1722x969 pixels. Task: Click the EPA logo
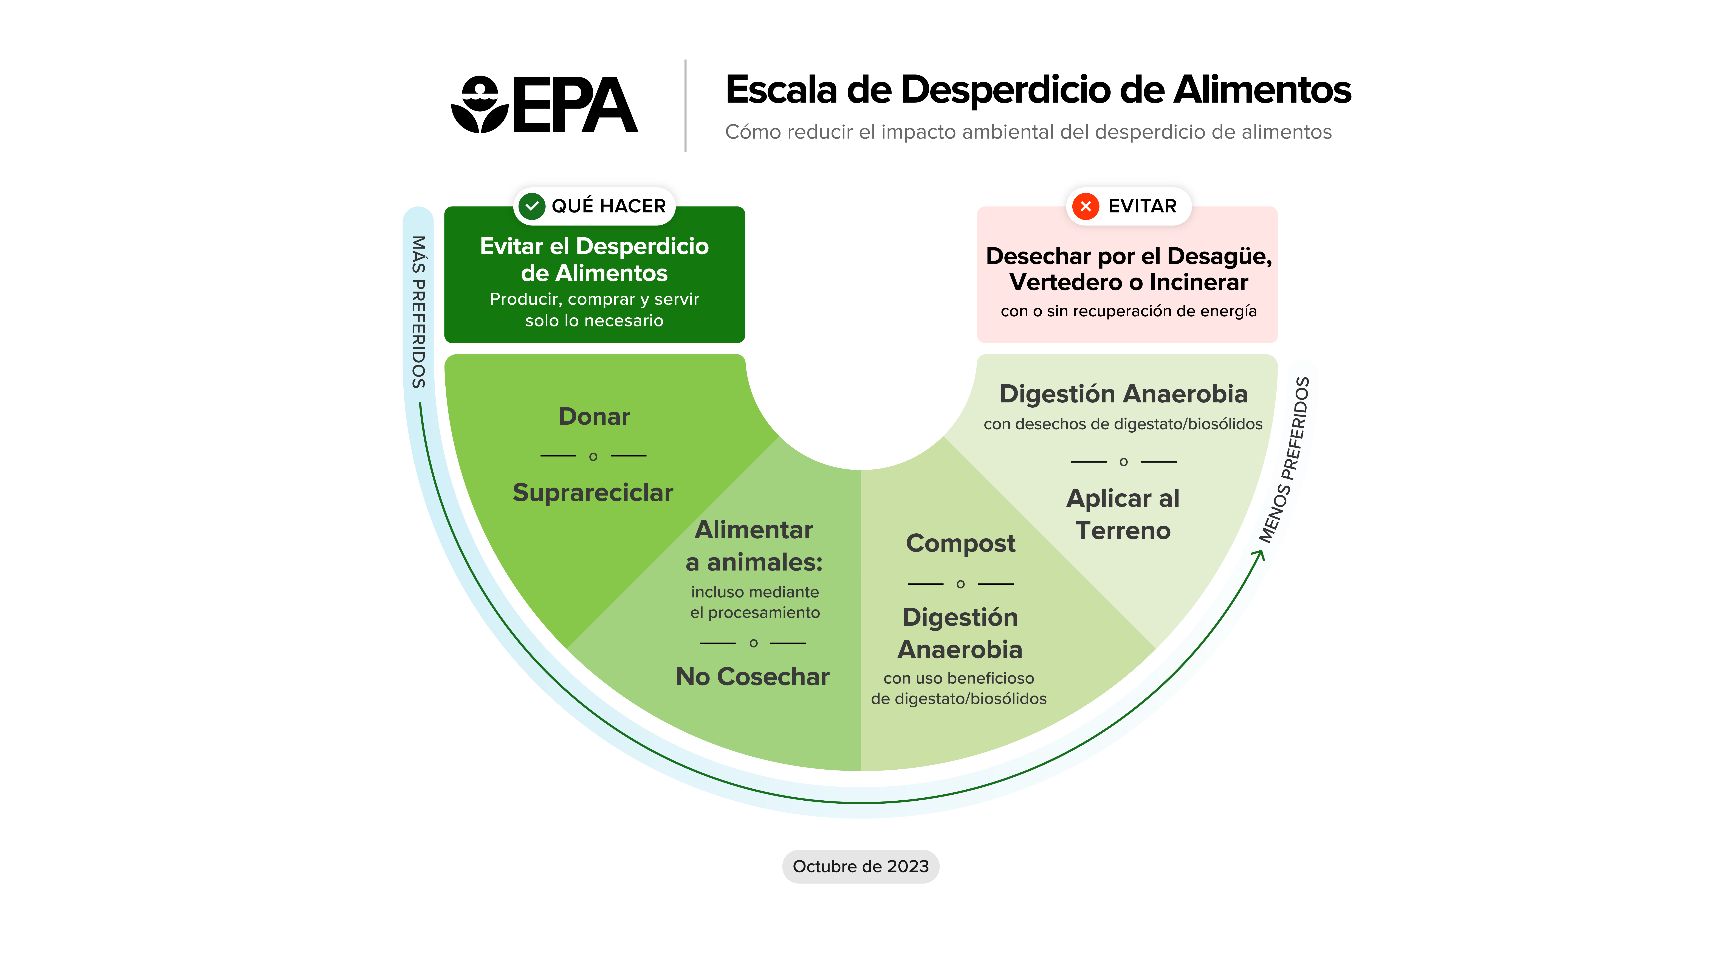pyautogui.click(x=544, y=105)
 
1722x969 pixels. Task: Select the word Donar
pyautogui.click(x=594, y=417)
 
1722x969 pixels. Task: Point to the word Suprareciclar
pyautogui.click(x=592, y=493)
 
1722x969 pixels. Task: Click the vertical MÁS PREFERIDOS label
pyautogui.click(x=418, y=312)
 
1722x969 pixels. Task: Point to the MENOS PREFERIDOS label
pyautogui.click(x=1285, y=460)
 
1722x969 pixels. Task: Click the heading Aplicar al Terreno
pyautogui.click(x=1123, y=514)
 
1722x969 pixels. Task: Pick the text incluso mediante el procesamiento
pyautogui.click(x=755, y=602)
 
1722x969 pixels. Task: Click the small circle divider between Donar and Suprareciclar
pyautogui.click(x=593, y=457)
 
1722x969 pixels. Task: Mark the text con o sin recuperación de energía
pyautogui.click(x=1128, y=311)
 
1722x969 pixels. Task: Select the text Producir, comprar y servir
pyautogui.click(x=594, y=299)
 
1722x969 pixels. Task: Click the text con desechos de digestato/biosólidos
pyautogui.click(x=1123, y=424)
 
